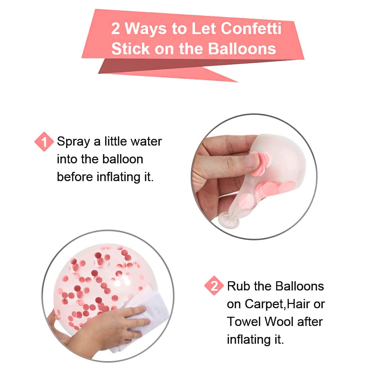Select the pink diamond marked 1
point(44,142)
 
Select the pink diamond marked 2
point(214,286)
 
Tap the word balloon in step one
point(123,159)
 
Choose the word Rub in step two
point(238,286)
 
